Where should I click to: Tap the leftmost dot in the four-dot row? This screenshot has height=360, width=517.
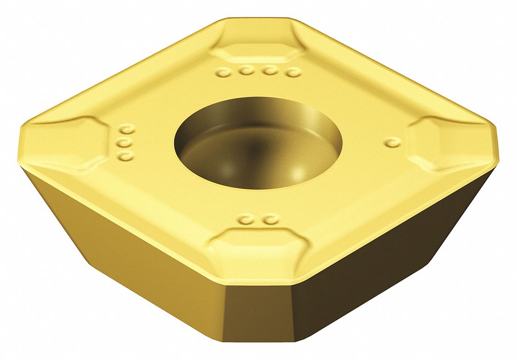[223, 72]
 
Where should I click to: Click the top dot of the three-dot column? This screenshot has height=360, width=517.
[125, 129]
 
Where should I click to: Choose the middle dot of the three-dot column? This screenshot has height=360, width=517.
[124, 143]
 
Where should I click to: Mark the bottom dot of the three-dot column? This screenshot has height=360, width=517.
[125, 157]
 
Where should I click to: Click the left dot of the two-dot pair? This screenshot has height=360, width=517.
[248, 220]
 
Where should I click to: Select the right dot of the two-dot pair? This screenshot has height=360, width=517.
[272, 220]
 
